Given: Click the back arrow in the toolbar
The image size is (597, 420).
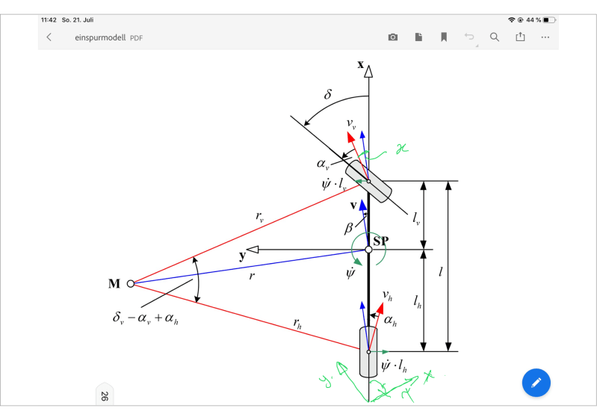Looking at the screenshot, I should point(49,37).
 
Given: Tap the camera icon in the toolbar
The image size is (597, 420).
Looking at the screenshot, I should point(393,37).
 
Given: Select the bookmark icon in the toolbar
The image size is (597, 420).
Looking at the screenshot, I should point(444,37).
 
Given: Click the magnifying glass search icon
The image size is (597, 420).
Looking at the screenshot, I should point(494,37).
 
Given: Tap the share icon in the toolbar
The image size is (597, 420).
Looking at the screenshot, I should point(520,37).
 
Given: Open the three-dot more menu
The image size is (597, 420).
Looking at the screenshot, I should point(545,37).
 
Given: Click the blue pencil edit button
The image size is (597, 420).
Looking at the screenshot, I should point(536,383).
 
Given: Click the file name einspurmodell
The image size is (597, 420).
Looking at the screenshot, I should point(100,37).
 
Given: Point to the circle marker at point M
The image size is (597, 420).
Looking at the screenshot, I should point(130,284).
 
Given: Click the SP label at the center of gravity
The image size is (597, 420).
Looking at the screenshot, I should point(381,241).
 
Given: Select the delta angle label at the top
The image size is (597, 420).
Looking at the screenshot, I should point(327,95).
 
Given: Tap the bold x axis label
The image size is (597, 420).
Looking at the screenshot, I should point(360,64).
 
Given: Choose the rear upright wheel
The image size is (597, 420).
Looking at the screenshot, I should point(368,351).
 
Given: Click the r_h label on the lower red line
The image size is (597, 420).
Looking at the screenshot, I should point(298,324).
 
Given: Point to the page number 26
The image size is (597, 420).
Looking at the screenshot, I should point(103,396).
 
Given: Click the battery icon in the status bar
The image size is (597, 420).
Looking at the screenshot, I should point(550,19).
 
